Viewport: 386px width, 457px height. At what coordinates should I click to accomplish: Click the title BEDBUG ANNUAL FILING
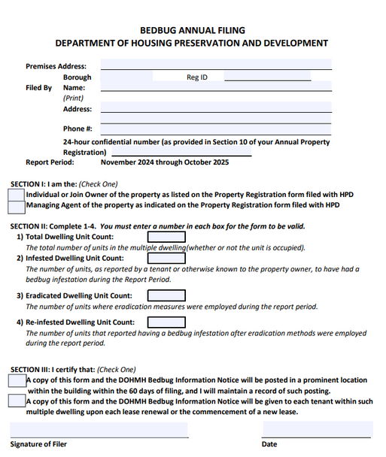[193, 30]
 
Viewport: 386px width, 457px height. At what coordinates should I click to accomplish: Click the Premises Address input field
[216, 65]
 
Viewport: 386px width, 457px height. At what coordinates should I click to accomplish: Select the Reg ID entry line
[267, 76]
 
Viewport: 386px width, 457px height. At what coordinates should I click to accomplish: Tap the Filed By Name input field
[216, 86]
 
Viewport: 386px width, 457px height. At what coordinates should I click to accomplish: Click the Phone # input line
[216, 129]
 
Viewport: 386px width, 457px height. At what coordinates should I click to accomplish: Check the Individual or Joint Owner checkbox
[16, 195]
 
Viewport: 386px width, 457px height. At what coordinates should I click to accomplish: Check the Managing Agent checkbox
[16, 205]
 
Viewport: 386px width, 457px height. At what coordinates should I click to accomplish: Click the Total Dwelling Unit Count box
[166, 236]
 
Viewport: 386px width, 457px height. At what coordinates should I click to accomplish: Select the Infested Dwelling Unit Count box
[166, 258]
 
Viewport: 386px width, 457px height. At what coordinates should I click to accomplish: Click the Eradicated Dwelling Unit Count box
[166, 295]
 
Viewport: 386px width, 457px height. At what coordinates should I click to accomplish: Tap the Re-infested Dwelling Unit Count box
[166, 322]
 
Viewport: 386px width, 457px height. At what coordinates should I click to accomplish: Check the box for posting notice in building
[17, 381]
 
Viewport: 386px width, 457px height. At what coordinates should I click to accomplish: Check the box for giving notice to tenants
[17, 401]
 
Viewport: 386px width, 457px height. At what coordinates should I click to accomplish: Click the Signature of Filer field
[99, 430]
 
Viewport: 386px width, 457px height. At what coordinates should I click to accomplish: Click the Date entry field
[316, 430]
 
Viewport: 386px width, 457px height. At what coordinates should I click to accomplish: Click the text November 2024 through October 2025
[165, 162]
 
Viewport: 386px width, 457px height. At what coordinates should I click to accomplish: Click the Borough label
[78, 77]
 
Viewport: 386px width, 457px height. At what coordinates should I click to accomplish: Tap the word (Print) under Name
[73, 98]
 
